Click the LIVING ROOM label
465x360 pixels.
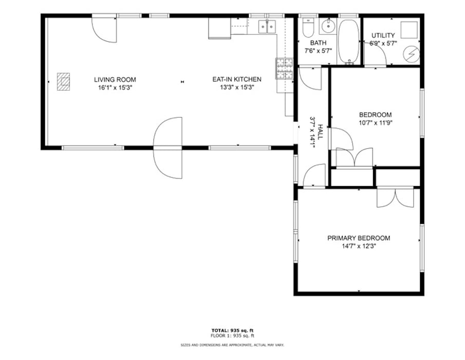(115, 80)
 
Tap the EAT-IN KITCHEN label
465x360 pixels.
(237, 79)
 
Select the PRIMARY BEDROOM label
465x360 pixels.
(359, 238)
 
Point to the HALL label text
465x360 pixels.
(320, 132)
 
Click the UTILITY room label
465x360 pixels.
(383, 35)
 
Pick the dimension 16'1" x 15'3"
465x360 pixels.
(115, 87)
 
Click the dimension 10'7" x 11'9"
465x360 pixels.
(376, 122)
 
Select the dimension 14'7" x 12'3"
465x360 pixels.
(359, 246)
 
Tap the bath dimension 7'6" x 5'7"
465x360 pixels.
(318, 51)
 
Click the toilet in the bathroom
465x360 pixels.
(308, 27)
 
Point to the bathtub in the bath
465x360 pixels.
(349, 41)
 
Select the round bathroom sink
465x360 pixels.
(328, 26)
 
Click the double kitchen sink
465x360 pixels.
(267, 26)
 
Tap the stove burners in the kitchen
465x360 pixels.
(285, 68)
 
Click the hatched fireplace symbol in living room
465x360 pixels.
(64, 82)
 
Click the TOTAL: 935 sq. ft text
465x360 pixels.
(232, 330)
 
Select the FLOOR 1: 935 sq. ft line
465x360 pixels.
(232, 336)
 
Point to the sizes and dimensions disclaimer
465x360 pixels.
(232, 345)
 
